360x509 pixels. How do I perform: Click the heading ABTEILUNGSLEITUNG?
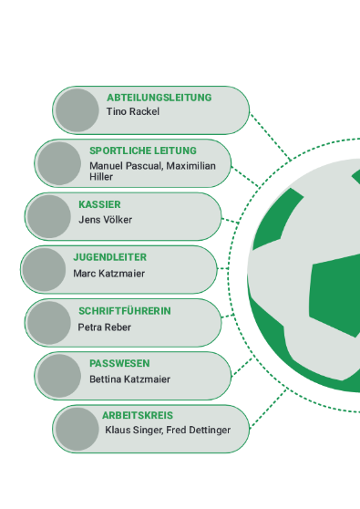(x=159, y=98)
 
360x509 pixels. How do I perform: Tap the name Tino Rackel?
(x=133, y=111)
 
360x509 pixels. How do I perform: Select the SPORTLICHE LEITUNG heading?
(x=143, y=151)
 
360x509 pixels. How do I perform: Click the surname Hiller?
(x=101, y=177)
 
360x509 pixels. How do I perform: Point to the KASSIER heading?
(x=99, y=204)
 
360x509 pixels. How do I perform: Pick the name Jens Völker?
(x=106, y=220)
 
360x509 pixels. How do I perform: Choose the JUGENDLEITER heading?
(x=110, y=257)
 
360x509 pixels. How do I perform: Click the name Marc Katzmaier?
(x=109, y=274)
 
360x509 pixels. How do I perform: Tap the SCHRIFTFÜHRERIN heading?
(x=125, y=311)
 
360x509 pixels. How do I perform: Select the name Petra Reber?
(x=105, y=327)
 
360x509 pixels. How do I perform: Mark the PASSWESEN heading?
(x=119, y=363)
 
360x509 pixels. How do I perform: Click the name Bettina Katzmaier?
(x=129, y=379)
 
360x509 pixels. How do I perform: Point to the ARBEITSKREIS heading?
(x=138, y=415)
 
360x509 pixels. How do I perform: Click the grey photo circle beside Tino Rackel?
(x=77, y=110)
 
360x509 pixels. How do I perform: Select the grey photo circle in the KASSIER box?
(x=49, y=216)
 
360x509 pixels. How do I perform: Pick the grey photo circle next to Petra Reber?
(x=49, y=322)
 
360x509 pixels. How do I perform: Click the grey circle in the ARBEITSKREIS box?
(x=77, y=429)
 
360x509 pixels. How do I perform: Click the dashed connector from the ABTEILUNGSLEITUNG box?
(x=271, y=136)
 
